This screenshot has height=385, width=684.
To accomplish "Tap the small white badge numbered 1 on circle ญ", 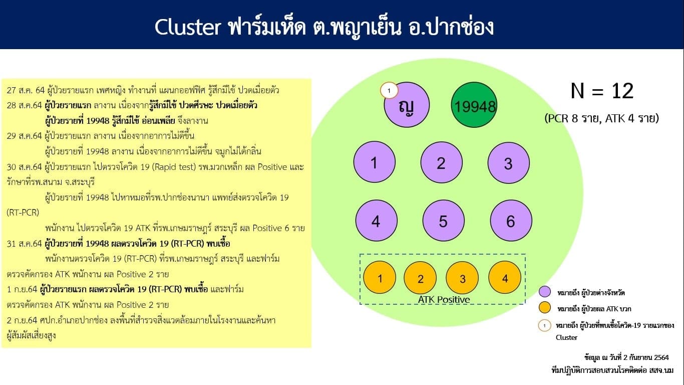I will [x=389, y=91].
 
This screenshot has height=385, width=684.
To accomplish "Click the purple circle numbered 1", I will [x=374, y=163].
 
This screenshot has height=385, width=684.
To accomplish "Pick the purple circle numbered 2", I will [x=441, y=163].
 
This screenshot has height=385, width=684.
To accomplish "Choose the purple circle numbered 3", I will [x=508, y=164].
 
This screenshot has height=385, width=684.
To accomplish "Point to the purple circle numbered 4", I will [x=376, y=221].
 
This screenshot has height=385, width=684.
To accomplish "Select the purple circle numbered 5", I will [x=443, y=221].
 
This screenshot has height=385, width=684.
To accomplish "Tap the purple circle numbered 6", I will [x=511, y=221].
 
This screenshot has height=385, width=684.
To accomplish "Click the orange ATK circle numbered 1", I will [x=380, y=278].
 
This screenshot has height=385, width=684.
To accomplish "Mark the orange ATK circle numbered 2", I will [x=421, y=279].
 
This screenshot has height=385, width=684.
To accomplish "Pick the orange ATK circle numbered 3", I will [x=463, y=279].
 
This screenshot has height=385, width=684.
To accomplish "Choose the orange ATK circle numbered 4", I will [x=505, y=278].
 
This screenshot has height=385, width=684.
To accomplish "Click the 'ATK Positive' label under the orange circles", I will [x=444, y=300].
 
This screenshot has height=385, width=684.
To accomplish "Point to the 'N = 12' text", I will [x=602, y=91].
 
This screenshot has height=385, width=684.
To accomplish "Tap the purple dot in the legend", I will [x=545, y=292].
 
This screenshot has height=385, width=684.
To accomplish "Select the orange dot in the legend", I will [x=545, y=308].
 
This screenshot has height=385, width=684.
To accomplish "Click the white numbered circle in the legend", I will [x=545, y=325].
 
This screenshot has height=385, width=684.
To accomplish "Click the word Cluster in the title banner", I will [x=187, y=27].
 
